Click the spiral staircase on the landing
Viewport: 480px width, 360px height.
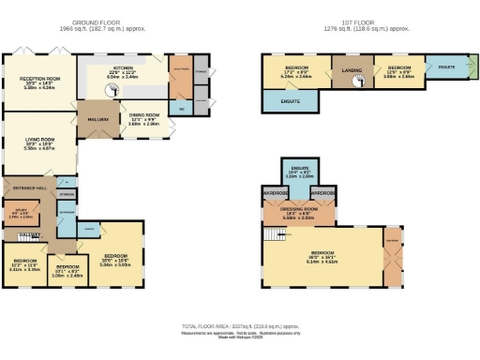pyautogui.click(x=357, y=82)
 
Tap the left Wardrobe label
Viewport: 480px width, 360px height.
pyautogui.click(x=276, y=193)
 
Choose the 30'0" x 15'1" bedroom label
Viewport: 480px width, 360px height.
pyautogui.click(x=323, y=256)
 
